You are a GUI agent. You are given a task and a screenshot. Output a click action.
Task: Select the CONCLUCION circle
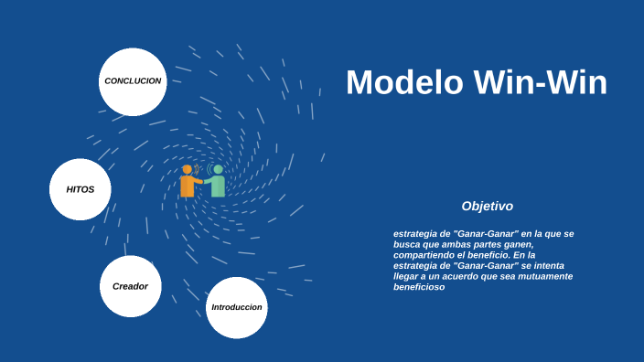pos(133,81)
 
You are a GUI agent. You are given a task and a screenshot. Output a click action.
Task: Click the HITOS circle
pos(80,189)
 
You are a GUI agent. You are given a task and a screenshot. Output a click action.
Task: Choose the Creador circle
pos(130,286)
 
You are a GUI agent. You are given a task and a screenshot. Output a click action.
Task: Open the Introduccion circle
pos(237,307)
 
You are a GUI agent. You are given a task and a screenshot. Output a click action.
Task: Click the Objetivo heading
pos(487,207)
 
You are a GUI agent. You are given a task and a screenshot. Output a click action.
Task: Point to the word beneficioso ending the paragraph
pos(419,287)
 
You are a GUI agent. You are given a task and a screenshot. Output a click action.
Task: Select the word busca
pos(408,244)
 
